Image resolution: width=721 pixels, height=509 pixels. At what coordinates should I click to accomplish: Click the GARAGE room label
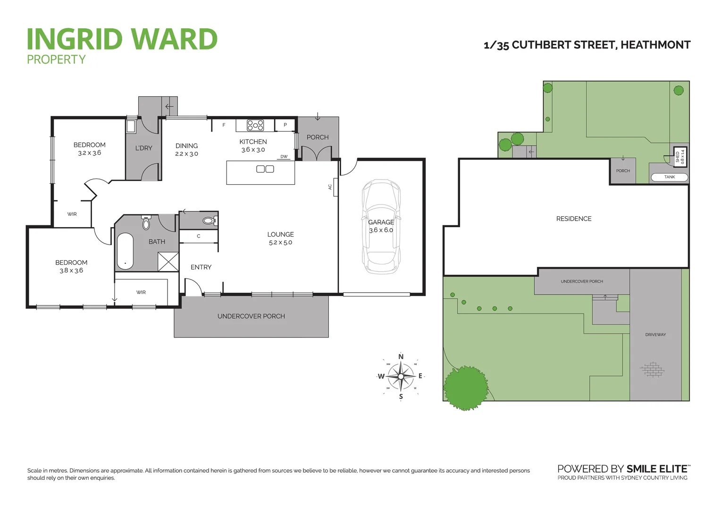click(381, 222)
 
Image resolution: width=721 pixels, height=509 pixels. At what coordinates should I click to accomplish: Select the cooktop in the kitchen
click(255, 125)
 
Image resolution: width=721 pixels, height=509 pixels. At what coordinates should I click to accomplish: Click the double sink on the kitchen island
click(265, 169)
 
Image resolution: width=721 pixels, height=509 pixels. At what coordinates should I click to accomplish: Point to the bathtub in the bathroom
click(125, 251)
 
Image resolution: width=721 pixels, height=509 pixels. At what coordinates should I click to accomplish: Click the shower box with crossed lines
click(168, 262)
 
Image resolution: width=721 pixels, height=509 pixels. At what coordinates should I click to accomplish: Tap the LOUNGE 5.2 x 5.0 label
click(280, 238)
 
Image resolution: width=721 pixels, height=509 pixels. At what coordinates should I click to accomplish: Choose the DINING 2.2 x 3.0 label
click(186, 149)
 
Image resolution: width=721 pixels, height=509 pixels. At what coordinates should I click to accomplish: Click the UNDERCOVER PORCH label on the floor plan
click(251, 316)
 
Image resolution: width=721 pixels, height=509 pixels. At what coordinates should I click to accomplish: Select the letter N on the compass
click(401, 357)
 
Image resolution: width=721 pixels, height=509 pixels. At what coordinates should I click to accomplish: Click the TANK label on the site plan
click(670, 177)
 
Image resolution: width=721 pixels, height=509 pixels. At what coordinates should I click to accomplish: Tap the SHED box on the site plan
click(680, 156)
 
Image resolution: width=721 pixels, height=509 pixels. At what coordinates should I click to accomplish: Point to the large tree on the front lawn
click(466, 387)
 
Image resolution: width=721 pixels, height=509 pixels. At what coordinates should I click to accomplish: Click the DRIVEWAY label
click(655, 335)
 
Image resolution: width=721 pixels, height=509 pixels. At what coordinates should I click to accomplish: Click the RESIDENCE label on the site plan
click(574, 219)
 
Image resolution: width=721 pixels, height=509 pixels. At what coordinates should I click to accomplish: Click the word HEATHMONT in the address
click(655, 45)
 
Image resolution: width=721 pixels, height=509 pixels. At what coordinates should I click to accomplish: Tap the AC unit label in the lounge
click(330, 187)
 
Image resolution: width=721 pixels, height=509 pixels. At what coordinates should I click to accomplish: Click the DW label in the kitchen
click(284, 157)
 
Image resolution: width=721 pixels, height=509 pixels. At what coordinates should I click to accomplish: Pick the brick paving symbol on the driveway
click(652, 369)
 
